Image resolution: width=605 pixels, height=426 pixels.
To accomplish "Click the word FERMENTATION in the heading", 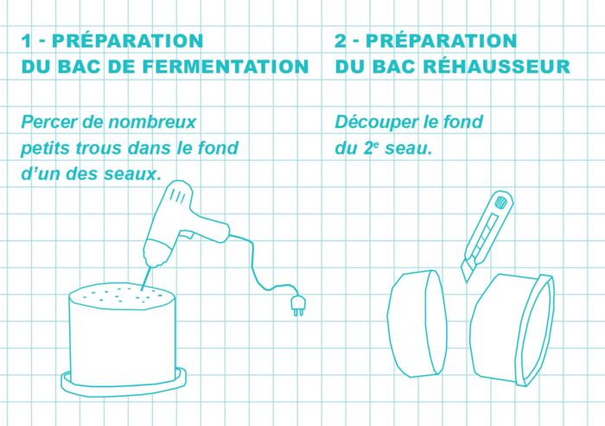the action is click(226, 67).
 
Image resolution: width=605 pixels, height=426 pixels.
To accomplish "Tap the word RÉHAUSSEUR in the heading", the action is click(497, 66).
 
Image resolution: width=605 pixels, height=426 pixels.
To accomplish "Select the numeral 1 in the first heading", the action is click(26, 41).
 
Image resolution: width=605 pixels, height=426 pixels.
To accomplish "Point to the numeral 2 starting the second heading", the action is click(341, 41).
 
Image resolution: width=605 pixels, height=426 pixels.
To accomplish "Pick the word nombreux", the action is click(152, 122).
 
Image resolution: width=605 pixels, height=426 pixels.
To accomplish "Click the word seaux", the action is click(132, 175).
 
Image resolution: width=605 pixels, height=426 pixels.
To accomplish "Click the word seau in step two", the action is click(408, 149).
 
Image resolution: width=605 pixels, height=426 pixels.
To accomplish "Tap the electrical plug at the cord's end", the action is click(298, 305).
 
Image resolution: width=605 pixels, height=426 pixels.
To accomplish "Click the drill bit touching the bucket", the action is click(145, 278).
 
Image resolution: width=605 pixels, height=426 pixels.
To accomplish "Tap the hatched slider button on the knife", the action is click(500, 202).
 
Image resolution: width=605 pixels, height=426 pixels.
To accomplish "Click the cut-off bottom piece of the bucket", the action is click(417, 323).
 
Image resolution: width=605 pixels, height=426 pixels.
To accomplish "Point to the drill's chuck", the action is click(155, 255).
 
